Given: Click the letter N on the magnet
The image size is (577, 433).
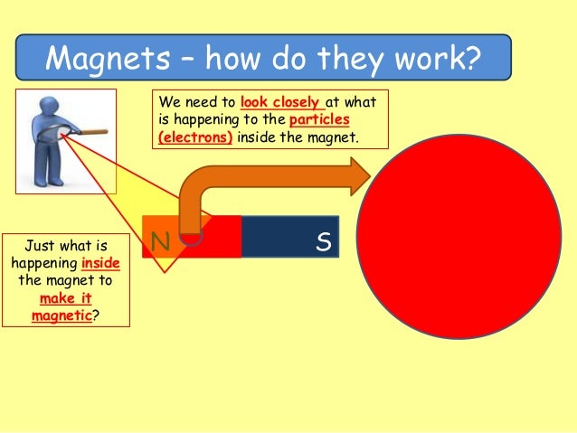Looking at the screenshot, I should (x=160, y=240).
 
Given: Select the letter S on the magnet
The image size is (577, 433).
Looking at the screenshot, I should (x=322, y=240).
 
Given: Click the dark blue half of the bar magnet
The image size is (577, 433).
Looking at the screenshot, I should (x=289, y=237).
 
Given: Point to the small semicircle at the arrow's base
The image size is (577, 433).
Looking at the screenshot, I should (x=191, y=238).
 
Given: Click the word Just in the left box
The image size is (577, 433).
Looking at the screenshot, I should (x=40, y=246).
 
